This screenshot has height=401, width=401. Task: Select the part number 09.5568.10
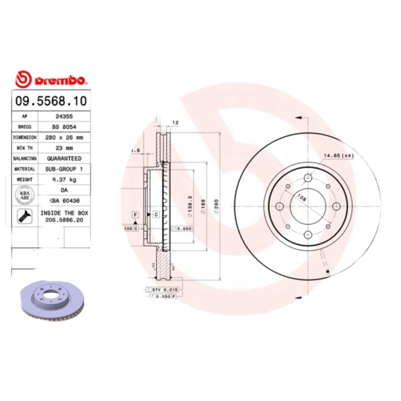(x=51, y=101)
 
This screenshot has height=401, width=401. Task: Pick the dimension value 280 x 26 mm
(x=64, y=137)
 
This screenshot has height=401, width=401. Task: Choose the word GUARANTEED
(x=64, y=158)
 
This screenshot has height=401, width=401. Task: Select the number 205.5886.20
(x=64, y=220)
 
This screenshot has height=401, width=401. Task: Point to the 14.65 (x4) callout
(x=338, y=156)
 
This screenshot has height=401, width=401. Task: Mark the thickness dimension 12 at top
(x=175, y=122)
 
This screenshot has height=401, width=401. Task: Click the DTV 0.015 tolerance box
(x=164, y=290)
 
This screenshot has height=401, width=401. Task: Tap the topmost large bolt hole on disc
(x=308, y=178)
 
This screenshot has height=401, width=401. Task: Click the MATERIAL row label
(x=25, y=169)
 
